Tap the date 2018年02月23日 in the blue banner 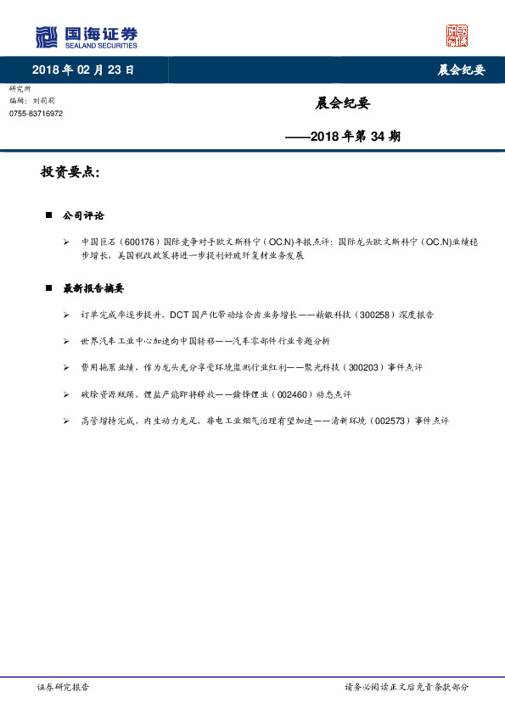coord(83,70)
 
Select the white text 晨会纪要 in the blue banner coord(461,70)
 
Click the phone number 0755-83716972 coord(36,114)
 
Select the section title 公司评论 coord(83,216)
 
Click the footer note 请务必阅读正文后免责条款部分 coord(406,687)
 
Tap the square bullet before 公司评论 coord(48,216)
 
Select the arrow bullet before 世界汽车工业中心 coord(67,341)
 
